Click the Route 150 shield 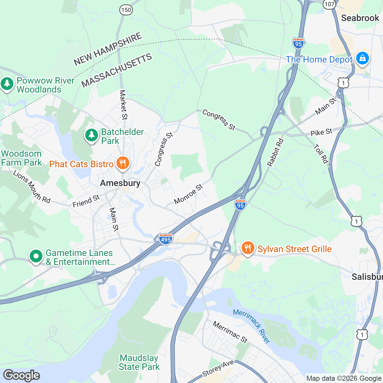pos(126,10)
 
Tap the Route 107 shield pos(329,4)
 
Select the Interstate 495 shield pos(166,239)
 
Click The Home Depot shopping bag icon pos(362,58)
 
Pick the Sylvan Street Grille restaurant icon pos(247,248)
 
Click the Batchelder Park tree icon pos(92,135)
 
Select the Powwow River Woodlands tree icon pos(7,84)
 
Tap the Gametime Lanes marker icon pos(36,256)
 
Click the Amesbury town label pos(120,183)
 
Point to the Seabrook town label pos(360,18)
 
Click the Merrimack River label pos(252,326)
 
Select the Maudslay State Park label pos(139,363)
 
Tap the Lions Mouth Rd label pos(32,186)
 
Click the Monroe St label pos(189,194)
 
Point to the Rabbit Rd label pos(275,152)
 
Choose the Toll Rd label pos(321,154)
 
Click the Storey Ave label pos(218,369)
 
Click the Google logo pos(21,376)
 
